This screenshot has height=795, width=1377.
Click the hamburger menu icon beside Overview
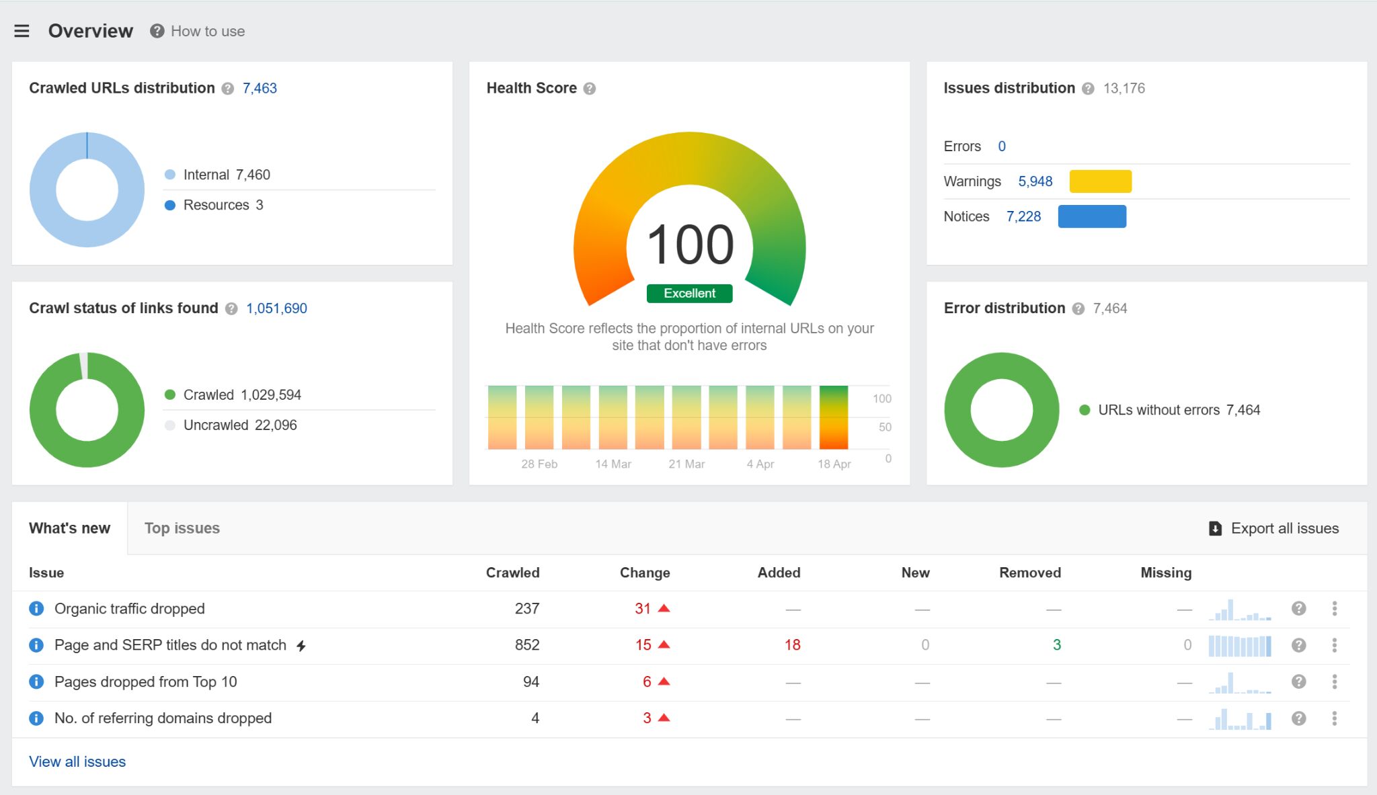[22, 31]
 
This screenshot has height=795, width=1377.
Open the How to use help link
[207, 31]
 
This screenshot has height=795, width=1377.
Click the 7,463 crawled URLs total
[260, 88]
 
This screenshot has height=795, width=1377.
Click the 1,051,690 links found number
[276, 308]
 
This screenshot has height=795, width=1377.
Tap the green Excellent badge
[689, 294]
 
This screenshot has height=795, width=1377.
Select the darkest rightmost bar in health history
[833, 417]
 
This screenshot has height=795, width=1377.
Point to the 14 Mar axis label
[613, 464]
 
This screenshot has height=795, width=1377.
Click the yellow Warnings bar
[1100, 181]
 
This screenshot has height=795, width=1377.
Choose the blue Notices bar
[1091, 216]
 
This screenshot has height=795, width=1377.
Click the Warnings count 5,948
[1035, 181]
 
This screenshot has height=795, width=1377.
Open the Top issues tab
[182, 528]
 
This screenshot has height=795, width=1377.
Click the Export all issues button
[1273, 528]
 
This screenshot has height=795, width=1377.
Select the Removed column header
[1029, 573]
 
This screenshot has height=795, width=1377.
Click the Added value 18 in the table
[792, 645]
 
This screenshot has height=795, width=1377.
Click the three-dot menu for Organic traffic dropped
[1334, 609]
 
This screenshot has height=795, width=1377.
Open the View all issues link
[77, 761]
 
